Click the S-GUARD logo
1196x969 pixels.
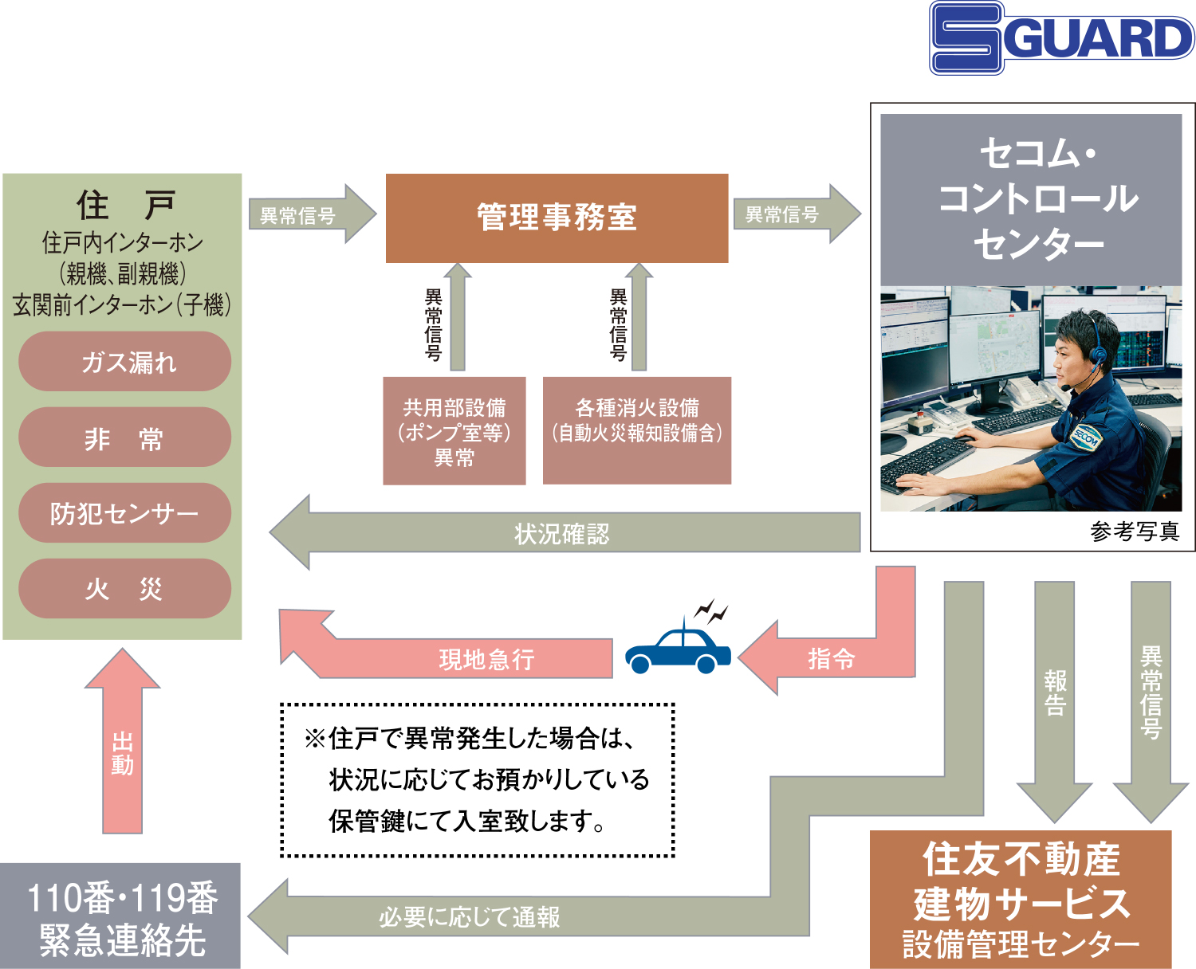1061,37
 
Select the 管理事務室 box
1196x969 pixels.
557,218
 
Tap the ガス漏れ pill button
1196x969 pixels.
124,361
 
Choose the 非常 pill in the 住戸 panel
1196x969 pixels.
124,437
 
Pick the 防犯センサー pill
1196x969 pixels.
124,513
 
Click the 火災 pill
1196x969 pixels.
124,589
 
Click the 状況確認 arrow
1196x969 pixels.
565,532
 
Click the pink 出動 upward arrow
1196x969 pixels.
123,740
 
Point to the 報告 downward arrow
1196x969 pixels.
1055,701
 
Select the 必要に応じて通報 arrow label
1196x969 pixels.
470,917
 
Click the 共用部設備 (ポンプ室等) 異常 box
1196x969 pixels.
454,431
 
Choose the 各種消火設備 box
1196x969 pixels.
637,431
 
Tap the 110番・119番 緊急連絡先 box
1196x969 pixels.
120,916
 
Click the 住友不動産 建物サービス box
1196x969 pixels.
1021,900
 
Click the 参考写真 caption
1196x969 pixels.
1135,531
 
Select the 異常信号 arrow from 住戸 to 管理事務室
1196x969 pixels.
313,214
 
